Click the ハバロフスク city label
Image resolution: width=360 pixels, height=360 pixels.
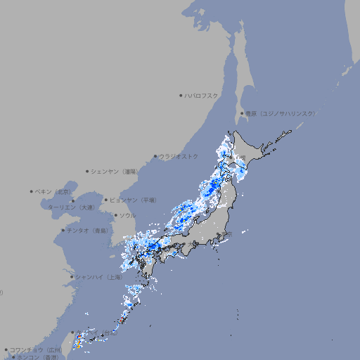[202, 95]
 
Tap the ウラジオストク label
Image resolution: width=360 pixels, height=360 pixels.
[179, 156]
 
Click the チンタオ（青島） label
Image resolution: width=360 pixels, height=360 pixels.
[87, 230]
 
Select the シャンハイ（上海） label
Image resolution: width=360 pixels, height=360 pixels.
[98, 277]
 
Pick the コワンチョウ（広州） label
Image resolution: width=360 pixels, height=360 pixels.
[36, 349]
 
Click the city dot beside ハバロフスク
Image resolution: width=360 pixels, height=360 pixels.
[181, 95]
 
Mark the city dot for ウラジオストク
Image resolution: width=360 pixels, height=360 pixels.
[155, 156]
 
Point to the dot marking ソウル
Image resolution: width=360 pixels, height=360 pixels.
[115, 215]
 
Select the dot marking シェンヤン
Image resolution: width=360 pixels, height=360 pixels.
[87, 171]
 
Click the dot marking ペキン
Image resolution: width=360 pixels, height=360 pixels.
[32, 191]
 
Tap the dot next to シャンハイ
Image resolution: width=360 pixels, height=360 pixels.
[71, 277]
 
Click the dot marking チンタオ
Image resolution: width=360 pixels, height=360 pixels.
[63, 230]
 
